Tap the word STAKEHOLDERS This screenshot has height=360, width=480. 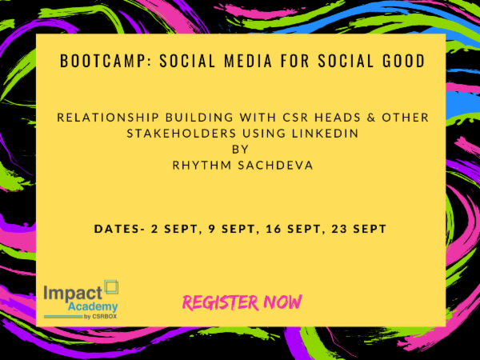tap(175, 132)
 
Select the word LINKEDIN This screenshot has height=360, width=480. tap(314, 132)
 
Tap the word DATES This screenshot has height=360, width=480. tap(117, 229)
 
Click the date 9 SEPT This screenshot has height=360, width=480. tap(226, 229)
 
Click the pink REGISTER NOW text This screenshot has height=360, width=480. tap(242, 302)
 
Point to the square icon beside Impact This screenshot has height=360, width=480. tap(111, 286)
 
